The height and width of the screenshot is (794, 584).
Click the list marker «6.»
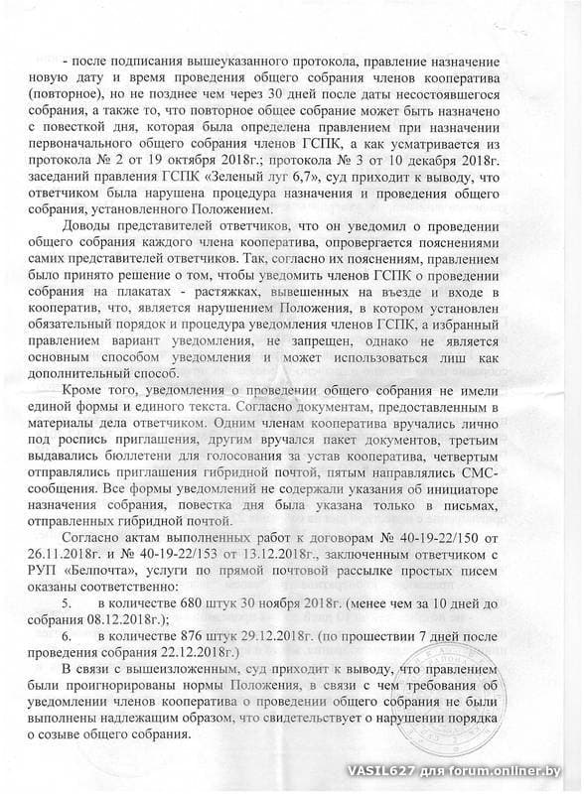tap(68, 636)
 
